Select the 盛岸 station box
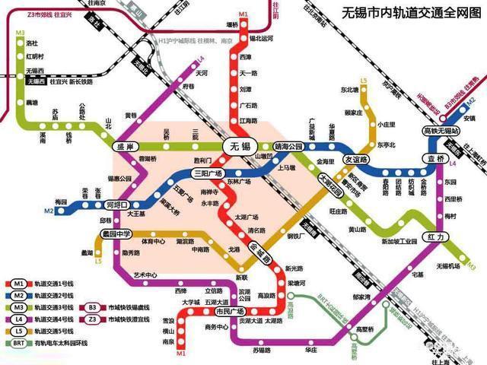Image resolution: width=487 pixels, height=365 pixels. tap(124, 146)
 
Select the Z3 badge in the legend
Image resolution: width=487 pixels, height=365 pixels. tap(94, 319)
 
